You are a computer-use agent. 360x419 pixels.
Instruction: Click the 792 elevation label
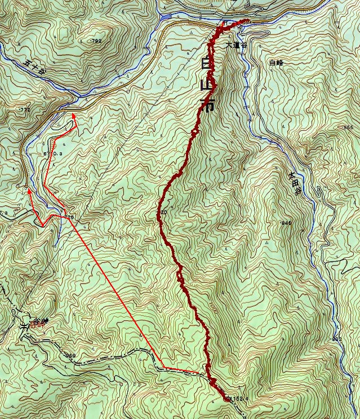click(96, 41)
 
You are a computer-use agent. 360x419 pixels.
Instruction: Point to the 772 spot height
click(24, 109)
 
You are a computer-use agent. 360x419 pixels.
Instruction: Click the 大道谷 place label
click(236, 45)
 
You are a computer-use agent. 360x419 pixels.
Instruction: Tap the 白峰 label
click(277, 63)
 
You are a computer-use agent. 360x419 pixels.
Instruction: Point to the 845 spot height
click(286, 224)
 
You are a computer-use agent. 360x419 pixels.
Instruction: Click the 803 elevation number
click(336, 338)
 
